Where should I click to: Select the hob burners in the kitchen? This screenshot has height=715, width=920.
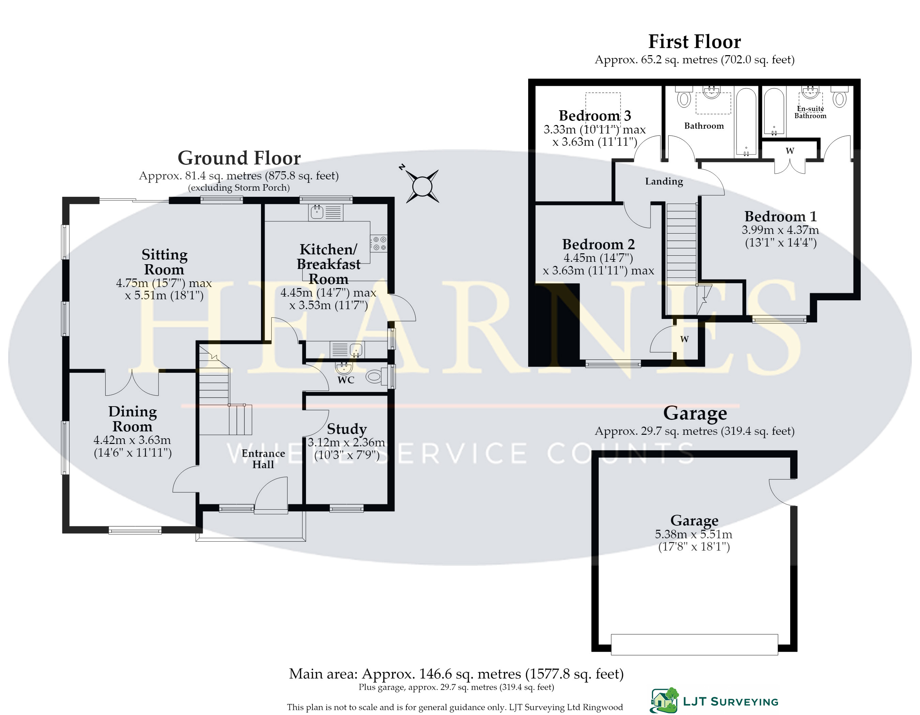(x=379, y=243)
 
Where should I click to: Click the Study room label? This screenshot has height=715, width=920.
(x=347, y=429)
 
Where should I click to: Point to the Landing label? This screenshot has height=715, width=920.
(x=664, y=181)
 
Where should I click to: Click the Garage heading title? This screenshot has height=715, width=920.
(x=695, y=413)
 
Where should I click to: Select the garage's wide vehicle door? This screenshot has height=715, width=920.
(x=694, y=644)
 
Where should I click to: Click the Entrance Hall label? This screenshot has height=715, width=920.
(x=263, y=459)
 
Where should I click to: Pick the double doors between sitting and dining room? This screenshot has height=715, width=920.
(x=132, y=383)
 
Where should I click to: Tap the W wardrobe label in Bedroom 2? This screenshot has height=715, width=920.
(x=685, y=339)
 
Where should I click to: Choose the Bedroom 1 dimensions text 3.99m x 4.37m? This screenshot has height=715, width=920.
(x=780, y=230)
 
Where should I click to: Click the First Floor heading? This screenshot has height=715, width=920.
(x=695, y=42)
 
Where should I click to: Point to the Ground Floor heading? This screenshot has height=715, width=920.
(x=239, y=158)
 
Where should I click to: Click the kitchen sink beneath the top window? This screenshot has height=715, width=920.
(x=317, y=212)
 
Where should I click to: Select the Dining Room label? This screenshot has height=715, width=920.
(x=132, y=419)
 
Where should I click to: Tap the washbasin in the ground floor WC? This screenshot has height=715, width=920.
(x=344, y=368)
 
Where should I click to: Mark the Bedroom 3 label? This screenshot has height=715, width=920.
(x=595, y=115)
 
